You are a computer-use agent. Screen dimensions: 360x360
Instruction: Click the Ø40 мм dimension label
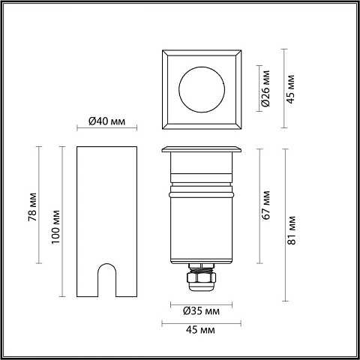106,121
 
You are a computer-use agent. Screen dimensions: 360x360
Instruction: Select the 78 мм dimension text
32,207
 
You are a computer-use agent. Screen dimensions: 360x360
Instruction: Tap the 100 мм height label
55,227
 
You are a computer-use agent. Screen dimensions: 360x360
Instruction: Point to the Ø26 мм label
265,88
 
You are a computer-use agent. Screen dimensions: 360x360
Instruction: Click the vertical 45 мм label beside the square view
290,88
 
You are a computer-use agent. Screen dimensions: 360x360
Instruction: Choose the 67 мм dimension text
265,205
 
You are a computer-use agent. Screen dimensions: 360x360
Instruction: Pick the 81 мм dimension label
292,230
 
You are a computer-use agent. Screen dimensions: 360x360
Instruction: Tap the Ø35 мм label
202,311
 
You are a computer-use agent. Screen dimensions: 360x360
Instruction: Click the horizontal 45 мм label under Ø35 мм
200,330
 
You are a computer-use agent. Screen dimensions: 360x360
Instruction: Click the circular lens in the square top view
202,89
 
